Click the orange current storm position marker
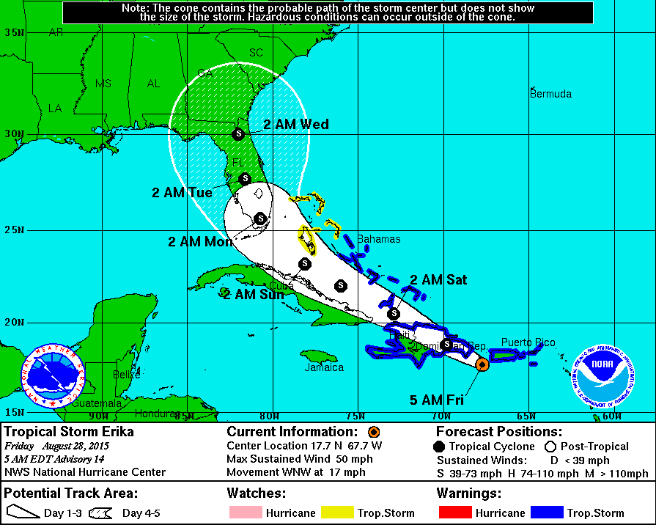click(x=482, y=364)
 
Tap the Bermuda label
click(x=550, y=94)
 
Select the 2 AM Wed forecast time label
click(x=296, y=124)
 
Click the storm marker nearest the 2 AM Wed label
click(x=237, y=133)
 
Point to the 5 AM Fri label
click(x=437, y=400)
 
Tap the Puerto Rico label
click(x=528, y=342)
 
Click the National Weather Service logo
click(x=52, y=376)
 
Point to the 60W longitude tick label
click(x=611, y=416)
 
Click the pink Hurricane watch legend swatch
click(x=244, y=513)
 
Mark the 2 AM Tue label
click(x=182, y=193)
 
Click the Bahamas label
click(x=378, y=239)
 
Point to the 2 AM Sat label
click(x=438, y=279)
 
